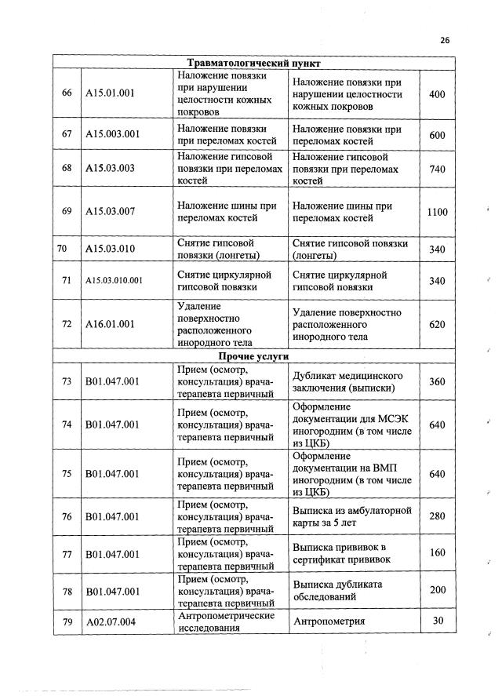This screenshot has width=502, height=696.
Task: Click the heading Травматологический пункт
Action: (255, 62)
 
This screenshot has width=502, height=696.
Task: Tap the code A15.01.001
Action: (110, 94)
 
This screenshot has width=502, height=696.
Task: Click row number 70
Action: (63, 249)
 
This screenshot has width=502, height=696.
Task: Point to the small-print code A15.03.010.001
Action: (115, 281)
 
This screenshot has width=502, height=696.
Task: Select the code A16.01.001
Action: (110, 323)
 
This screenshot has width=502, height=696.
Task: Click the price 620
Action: (437, 323)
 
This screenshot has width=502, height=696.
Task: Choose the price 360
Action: (437, 381)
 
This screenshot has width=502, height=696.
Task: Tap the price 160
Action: (437, 553)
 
